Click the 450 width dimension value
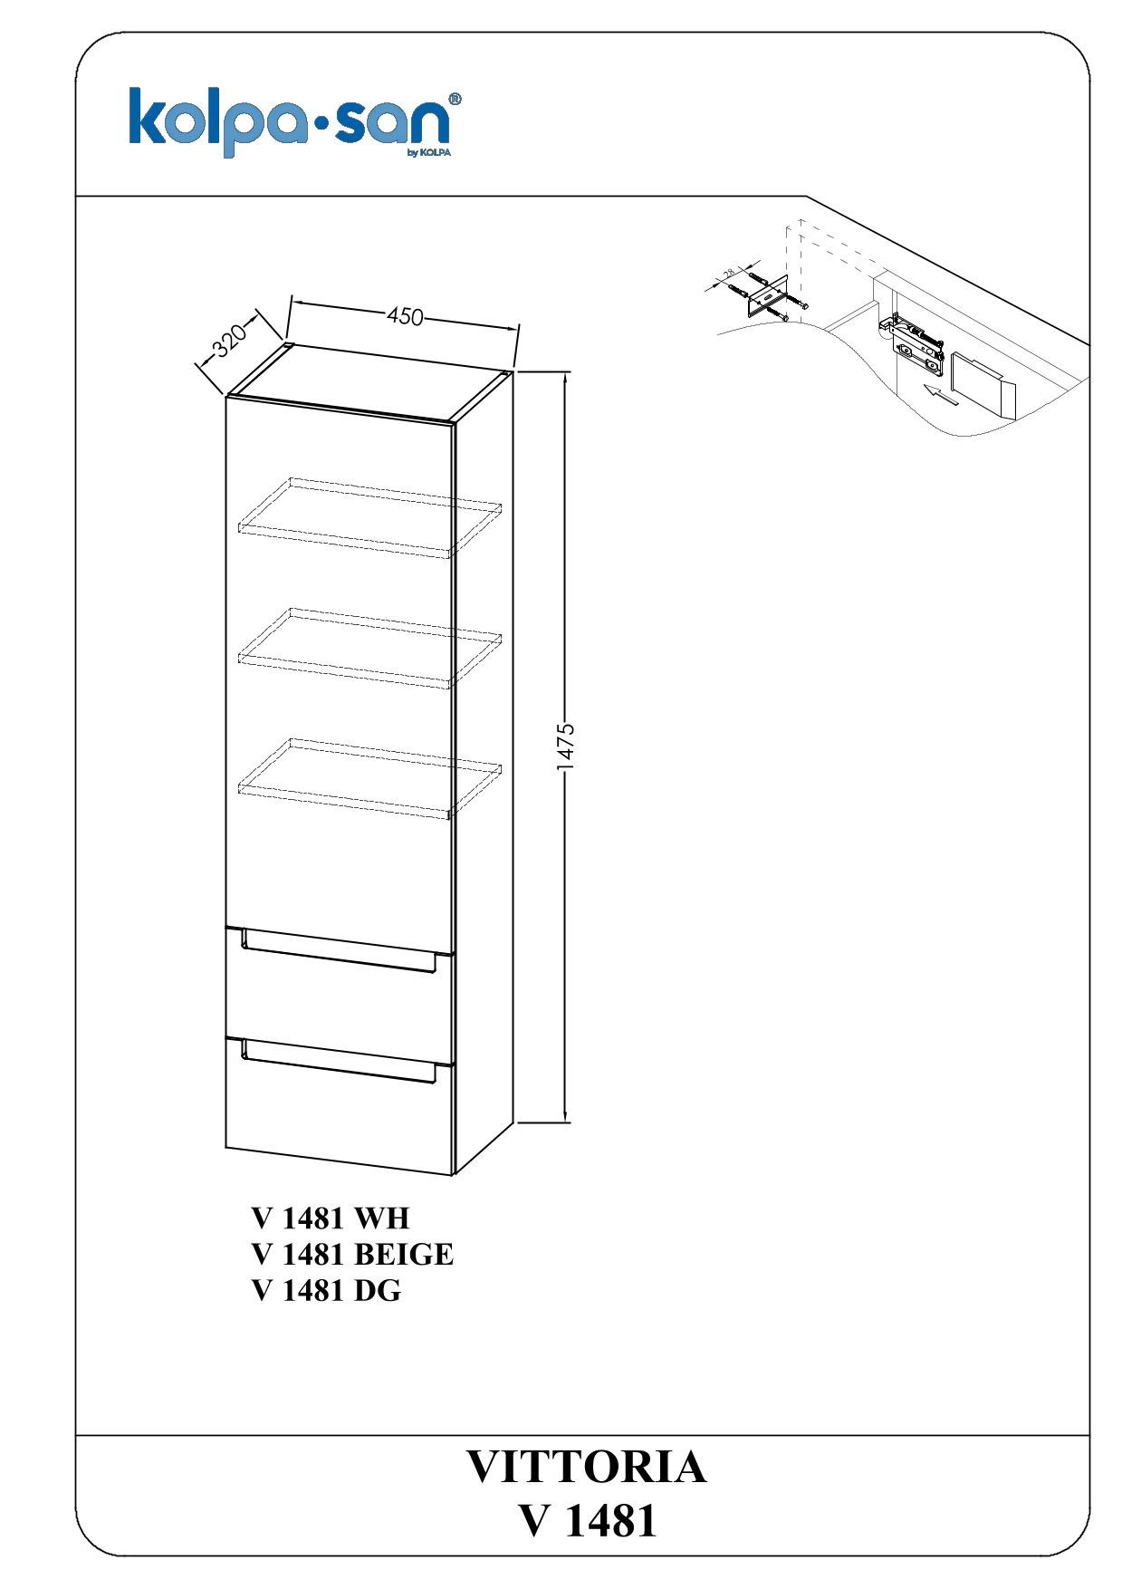(406, 316)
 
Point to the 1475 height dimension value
(566, 747)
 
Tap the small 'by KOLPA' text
(429, 152)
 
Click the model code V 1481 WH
(331, 1218)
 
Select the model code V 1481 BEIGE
(352, 1254)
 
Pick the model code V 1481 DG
(326, 1290)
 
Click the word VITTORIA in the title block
(586, 1467)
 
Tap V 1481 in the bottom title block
(588, 1522)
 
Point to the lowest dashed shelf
(369, 777)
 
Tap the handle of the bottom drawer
(340, 1062)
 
